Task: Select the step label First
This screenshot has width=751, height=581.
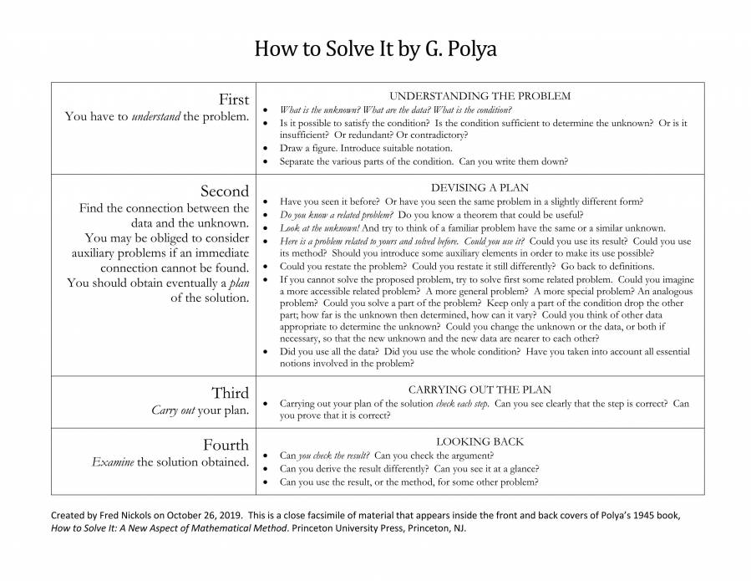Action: [x=233, y=99]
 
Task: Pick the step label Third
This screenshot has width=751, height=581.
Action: [x=230, y=393]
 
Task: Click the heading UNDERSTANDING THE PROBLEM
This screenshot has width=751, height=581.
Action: [x=480, y=96]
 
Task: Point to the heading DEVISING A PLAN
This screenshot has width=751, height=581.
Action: [x=480, y=188]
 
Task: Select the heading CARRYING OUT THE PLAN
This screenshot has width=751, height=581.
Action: [x=480, y=390]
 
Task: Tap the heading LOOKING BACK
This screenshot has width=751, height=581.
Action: [x=480, y=441]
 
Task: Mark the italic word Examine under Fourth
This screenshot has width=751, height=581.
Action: [x=112, y=462]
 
